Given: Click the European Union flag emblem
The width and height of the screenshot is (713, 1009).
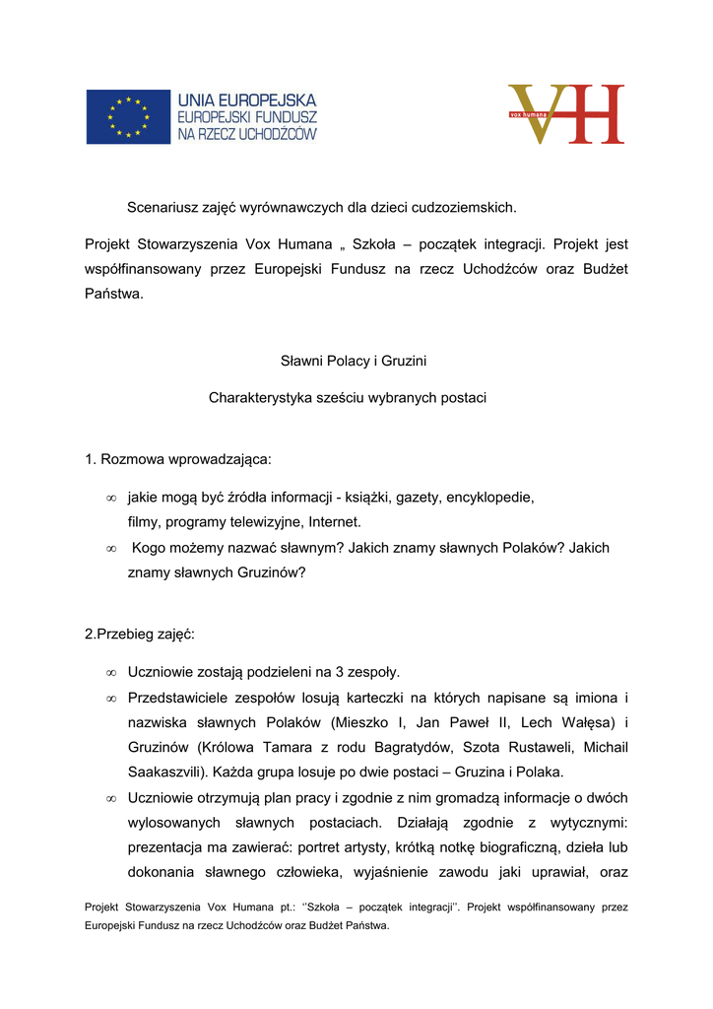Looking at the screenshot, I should pyautogui.click(x=128, y=116).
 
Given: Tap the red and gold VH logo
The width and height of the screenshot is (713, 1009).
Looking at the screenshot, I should pyautogui.click(x=566, y=114).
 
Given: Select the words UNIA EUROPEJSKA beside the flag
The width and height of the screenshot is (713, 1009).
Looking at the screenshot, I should pyautogui.click(x=246, y=101).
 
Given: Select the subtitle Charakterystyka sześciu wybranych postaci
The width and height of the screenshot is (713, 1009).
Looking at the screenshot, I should pyautogui.click(x=347, y=398).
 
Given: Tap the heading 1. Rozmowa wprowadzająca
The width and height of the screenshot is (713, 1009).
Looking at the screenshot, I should pyautogui.click(x=177, y=459).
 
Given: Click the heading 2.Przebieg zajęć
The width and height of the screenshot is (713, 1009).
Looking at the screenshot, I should pyautogui.click(x=140, y=635).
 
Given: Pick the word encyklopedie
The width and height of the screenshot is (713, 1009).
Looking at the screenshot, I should pyautogui.click(x=489, y=498).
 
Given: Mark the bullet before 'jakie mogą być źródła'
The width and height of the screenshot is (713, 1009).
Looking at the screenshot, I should pyautogui.click(x=111, y=499).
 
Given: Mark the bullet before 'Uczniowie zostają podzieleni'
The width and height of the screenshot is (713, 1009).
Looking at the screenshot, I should pyautogui.click(x=111, y=674).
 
